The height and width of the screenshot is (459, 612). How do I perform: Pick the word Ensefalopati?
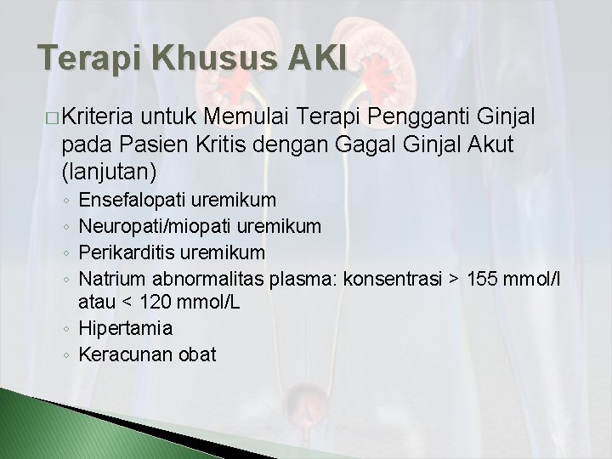coord(130,201)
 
